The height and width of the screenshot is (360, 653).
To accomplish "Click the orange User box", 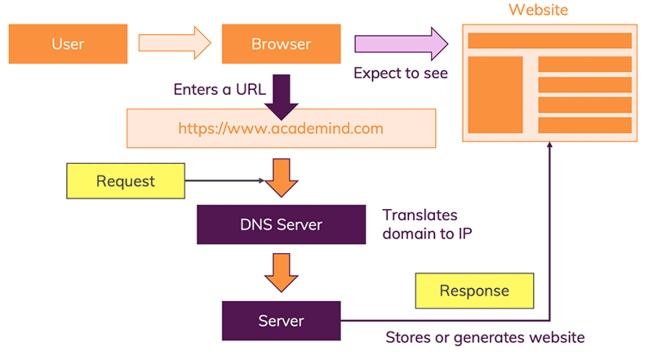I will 68,44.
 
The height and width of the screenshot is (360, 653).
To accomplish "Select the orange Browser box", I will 281,44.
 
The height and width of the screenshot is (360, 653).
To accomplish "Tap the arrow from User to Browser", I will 174,43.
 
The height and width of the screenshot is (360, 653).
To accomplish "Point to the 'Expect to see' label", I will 401,73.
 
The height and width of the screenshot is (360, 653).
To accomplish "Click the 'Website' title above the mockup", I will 538,10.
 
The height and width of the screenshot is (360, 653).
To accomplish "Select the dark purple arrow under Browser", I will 281,97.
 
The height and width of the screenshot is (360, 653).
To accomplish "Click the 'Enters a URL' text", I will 219,89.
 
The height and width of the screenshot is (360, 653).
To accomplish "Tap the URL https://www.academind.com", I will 281,128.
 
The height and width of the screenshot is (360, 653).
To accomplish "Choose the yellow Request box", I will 126,181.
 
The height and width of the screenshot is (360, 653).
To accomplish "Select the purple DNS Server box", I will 281,225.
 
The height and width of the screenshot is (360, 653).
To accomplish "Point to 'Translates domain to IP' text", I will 427,225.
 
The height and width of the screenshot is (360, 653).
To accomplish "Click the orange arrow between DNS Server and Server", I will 281,272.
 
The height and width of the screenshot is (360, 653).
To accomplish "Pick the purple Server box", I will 281,321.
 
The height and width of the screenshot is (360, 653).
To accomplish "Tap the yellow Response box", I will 474,291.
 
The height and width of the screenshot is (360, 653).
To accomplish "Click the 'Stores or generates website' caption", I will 485,338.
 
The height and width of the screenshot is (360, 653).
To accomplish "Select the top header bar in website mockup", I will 550,41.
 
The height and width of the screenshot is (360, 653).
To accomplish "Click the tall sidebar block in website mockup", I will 495,95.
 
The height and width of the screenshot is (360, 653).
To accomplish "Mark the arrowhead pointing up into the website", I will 550,145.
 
